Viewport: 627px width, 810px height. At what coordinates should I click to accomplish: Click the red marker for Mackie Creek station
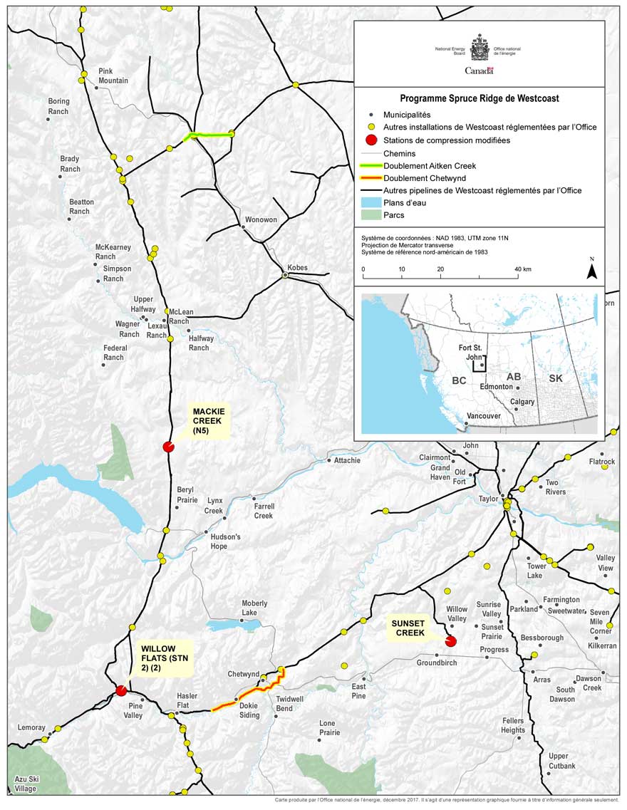click(x=168, y=447)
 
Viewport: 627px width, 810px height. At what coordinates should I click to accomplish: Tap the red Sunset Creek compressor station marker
click(x=450, y=642)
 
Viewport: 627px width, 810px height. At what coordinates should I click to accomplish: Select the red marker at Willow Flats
click(x=121, y=690)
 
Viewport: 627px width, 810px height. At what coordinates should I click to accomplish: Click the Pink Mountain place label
click(x=113, y=76)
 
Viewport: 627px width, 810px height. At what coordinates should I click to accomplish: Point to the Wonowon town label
click(x=261, y=219)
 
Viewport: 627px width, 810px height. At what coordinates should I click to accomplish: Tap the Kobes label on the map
click(x=297, y=267)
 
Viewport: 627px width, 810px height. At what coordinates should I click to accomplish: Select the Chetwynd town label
click(x=243, y=674)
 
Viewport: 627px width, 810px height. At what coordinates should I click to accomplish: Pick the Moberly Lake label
click(x=254, y=608)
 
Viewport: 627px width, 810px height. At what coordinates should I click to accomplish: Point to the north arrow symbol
click(x=591, y=271)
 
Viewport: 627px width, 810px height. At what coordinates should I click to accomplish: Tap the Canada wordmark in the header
click(x=479, y=71)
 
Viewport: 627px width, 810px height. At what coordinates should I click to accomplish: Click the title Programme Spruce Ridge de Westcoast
click(x=479, y=98)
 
